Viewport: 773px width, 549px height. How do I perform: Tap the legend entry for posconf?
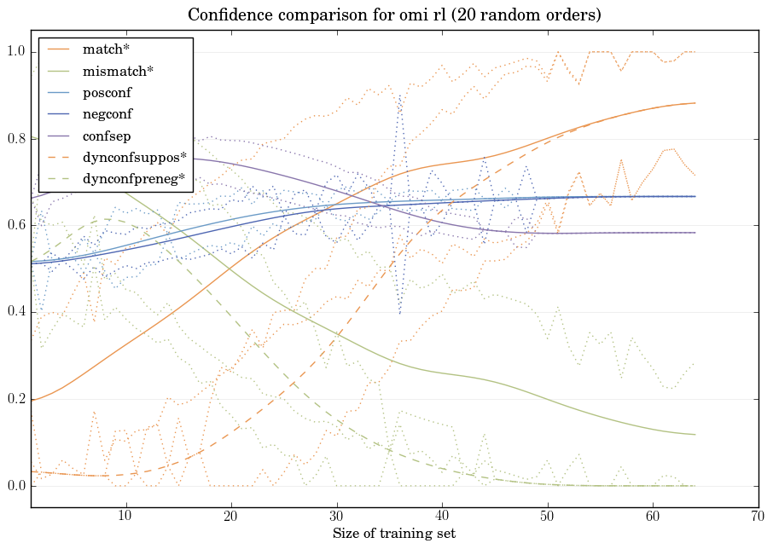(107, 92)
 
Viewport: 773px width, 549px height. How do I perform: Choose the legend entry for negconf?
(108, 113)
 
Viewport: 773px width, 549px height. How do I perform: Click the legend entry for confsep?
(107, 136)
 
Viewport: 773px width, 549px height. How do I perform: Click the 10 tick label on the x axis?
(125, 517)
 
